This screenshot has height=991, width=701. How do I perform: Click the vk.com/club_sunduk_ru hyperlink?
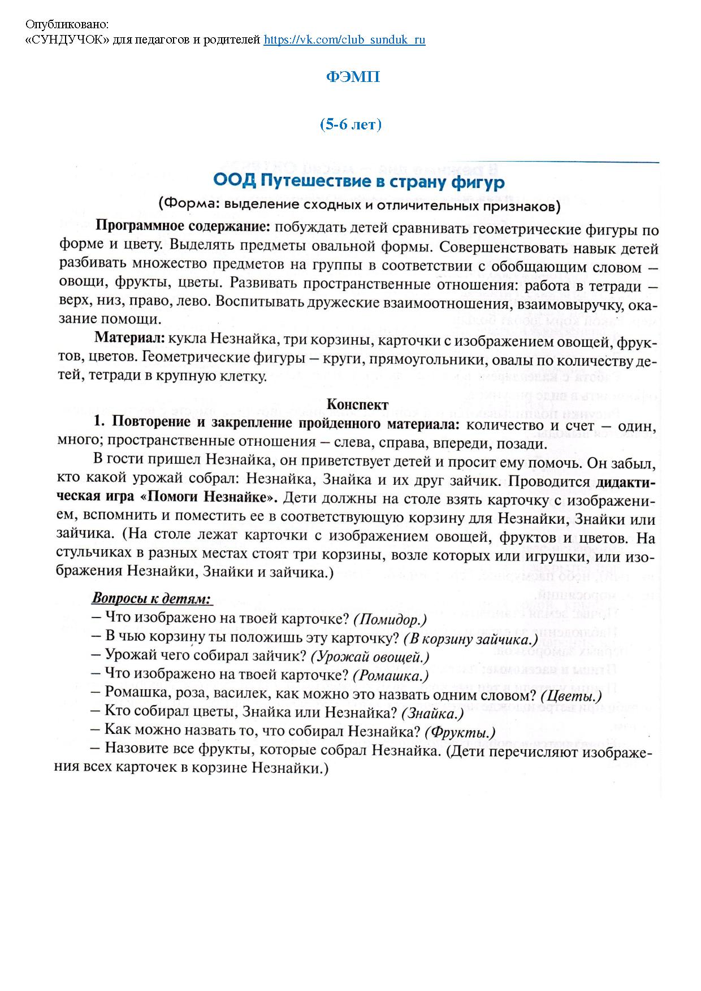[x=344, y=40]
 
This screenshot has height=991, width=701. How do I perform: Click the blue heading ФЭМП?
[x=353, y=77]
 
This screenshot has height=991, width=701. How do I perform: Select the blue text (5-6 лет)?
[x=350, y=124]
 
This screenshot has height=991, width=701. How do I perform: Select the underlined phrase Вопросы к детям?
[x=152, y=598]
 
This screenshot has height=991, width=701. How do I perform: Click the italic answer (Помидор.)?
[x=390, y=619]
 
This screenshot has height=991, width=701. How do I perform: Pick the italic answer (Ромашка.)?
[x=391, y=675]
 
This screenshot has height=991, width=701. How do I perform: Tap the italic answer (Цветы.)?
[x=571, y=694]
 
